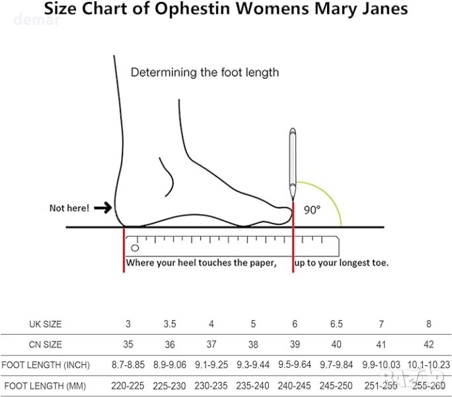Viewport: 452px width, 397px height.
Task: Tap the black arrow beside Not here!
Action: coord(103,208)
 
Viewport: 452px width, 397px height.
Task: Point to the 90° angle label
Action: coord(312,210)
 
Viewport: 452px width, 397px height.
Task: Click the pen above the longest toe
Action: coord(292,159)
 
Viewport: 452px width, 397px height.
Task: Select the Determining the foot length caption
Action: coord(204,72)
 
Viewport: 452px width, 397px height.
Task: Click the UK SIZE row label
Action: coord(45,324)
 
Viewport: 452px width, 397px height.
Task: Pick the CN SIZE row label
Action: coord(45,345)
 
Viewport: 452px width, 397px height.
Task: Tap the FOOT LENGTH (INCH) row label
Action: coord(45,365)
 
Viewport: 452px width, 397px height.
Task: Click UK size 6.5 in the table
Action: coord(336,324)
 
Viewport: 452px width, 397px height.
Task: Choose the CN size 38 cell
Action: coord(253,345)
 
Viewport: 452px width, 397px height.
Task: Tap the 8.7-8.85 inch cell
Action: coord(128,365)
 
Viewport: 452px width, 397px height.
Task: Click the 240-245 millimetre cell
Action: coord(295,386)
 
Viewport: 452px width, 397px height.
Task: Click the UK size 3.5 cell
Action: coord(170,324)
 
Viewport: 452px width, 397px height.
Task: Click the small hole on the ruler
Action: coord(135,248)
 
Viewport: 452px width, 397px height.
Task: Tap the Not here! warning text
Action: coord(69,208)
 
